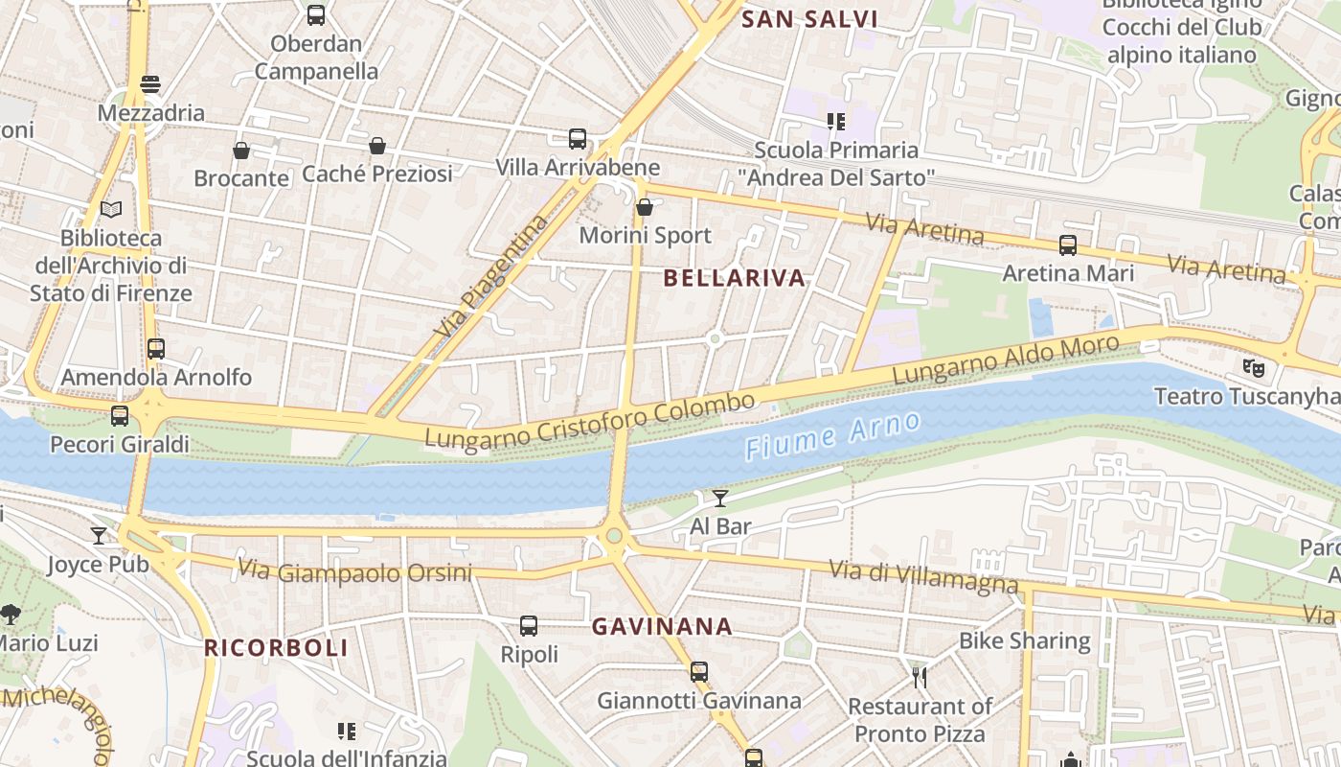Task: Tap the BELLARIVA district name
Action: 735,278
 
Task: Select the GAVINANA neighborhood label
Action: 662,627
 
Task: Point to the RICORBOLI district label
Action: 276,648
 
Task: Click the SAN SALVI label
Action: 810,18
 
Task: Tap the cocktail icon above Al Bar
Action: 720,498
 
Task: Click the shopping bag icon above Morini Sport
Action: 645,206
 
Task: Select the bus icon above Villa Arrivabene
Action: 577,139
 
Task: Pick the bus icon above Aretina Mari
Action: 1068,245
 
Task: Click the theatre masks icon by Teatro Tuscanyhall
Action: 1251,366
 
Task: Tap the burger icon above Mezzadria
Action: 150,84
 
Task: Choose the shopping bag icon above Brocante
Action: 241,151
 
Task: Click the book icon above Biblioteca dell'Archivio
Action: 111,209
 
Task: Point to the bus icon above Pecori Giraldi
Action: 120,416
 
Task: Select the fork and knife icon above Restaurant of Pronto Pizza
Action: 920,678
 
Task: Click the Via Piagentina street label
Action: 491,276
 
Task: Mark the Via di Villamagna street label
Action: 923,575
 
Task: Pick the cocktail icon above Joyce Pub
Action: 99,535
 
